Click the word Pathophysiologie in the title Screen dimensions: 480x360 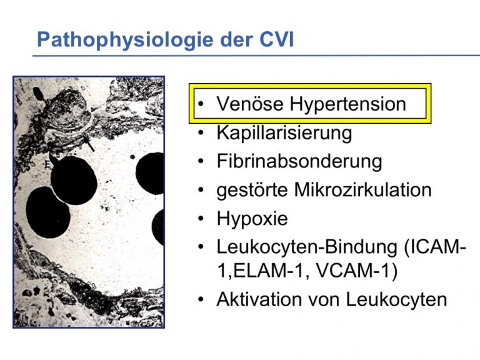coord(125,40)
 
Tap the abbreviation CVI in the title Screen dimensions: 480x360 coord(276,39)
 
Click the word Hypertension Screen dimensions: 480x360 coord(348,104)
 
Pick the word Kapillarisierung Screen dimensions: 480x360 coord(284,133)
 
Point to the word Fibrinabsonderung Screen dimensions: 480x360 coord(299,161)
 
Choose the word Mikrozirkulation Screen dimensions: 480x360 coord(362,189)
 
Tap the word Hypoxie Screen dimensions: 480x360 coord(252,219)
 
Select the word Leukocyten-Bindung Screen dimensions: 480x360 coord(306,247)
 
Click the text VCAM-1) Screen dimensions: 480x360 coord(356,271)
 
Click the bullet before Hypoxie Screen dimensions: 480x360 coord(201,218)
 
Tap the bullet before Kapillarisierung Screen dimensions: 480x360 coord(201,132)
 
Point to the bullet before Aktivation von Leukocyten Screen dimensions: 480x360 coord(201,299)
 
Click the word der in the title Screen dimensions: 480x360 coord(237,39)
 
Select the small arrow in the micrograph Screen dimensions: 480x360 coord(88,142)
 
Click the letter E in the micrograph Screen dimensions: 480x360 coord(47,164)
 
